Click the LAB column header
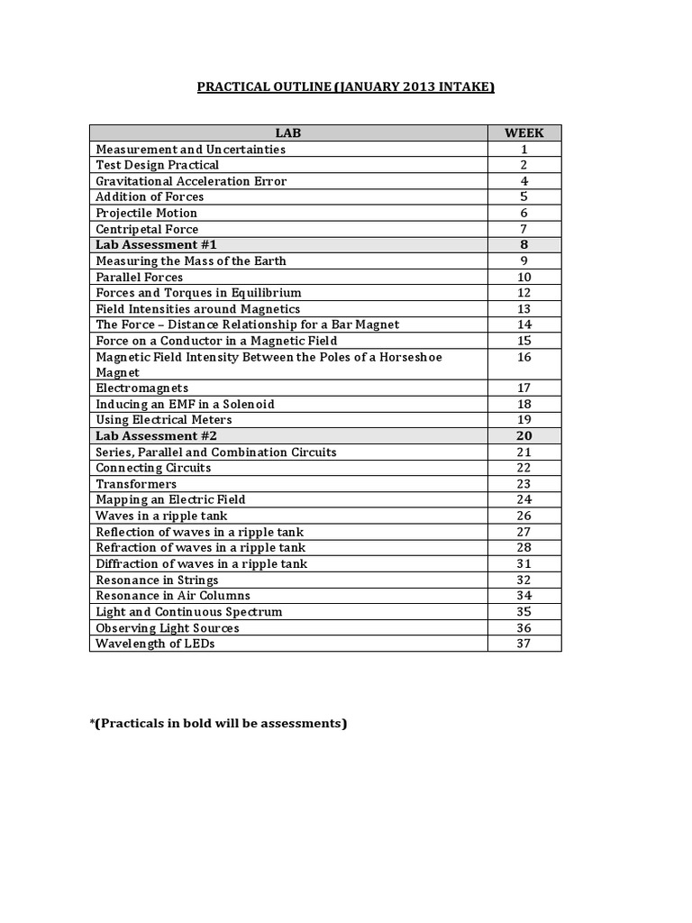[x=288, y=133]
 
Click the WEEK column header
[x=524, y=133]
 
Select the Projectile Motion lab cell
[x=147, y=213]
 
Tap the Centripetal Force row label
[x=147, y=229]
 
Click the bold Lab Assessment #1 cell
[x=156, y=244]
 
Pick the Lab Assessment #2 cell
[x=156, y=435]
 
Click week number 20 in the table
[x=524, y=435]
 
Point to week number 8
[x=524, y=244]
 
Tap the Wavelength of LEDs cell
[x=155, y=644]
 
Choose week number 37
[x=524, y=644]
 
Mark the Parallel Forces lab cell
[x=140, y=277]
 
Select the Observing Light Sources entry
[x=168, y=627]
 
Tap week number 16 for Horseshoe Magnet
[x=524, y=357]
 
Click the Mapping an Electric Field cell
[x=170, y=499]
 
